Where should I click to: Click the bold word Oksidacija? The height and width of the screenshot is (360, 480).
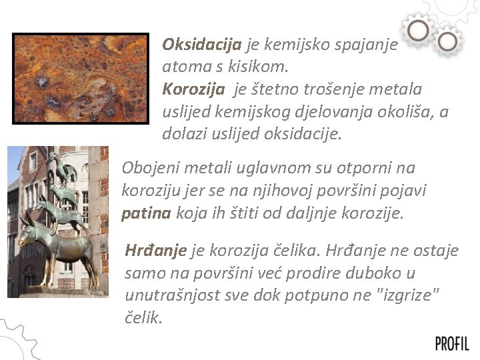[202, 45]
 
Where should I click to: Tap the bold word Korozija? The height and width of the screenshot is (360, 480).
[193, 89]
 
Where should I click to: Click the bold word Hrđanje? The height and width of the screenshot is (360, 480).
[155, 251]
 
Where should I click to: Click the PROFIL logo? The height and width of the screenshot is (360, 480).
[452, 343]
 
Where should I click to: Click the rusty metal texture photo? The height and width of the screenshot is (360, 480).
[81, 79]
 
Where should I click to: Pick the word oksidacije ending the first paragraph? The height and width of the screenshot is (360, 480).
[305, 134]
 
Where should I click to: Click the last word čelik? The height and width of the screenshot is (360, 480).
[143, 318]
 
